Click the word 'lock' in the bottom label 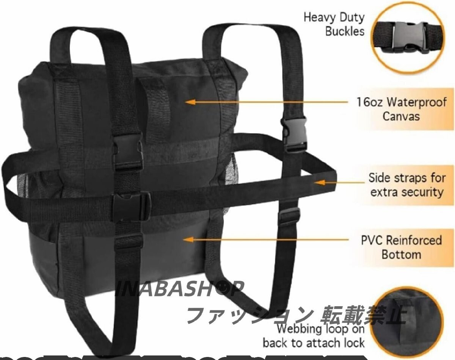click(353, 343)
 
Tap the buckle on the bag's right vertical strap click(294, 133)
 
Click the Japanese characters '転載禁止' click(364, 314)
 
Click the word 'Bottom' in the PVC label click(396, 254)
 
